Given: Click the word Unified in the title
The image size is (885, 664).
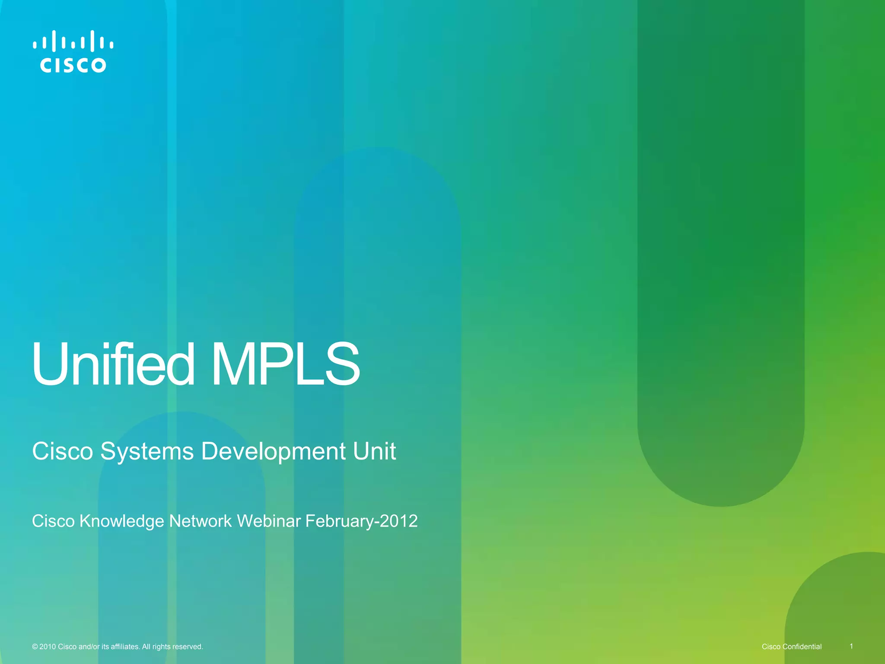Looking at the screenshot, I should pyautogui.click(x=113, y=364).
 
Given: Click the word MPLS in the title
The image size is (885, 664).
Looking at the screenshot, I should pyautogui.click(x=285, y=364).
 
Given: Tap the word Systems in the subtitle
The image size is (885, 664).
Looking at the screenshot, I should pyautogui.click(x=147, y=452).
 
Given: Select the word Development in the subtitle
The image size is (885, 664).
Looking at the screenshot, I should pyautogui.click(x=273, y=452).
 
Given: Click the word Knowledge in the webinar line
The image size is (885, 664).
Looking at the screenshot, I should pyautogui.click(x=121, y=521).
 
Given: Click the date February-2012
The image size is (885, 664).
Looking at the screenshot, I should pyautogui.click(x=361, y=521).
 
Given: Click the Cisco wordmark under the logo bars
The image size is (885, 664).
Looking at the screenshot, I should pyautogui.click(x=73, y=65).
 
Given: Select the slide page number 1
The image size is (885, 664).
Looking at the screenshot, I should pyautogui.click(x=851, y=646).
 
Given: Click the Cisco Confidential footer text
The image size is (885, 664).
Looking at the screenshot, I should pyautogui.click(x=792, y=647).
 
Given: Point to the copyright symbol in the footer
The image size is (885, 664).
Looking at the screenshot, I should pyautogui.click(x=35, y=647).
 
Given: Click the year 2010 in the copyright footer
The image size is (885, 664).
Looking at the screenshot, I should pyautogui.click(x=48, y=647).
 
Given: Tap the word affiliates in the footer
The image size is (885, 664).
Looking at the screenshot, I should pyautogui.click(x=125, y=647).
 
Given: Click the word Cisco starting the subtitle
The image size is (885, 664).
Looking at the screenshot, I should pyautogui.click(x=62, y=452).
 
